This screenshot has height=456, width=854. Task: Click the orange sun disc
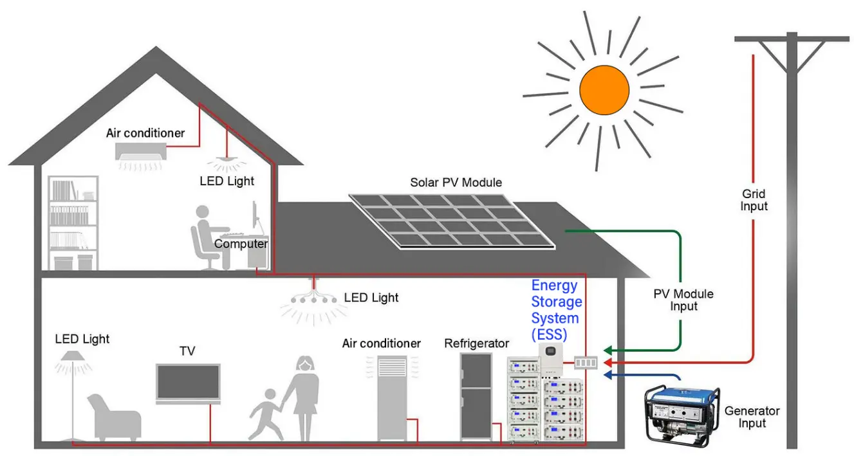[x=604, y=90]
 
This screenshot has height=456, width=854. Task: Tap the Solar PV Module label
[x=456, y=183]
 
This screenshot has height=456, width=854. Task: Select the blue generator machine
[x=682, y=413]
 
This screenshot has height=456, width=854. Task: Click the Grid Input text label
[x=754, y=200]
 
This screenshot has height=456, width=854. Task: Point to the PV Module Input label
[x=683, y=300]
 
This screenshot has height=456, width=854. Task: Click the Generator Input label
[x=752, y=417]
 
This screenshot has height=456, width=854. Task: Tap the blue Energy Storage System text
[x=556, y=309]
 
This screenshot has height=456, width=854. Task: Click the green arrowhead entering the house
[x=608, y=351]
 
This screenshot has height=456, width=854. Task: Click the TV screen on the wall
[x=188, y=383]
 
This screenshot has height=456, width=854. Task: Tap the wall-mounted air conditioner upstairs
[x=141, y=151]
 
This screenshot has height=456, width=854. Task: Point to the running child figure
[x=266, y=412]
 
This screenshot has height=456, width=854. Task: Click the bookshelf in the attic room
[x=73, y=222]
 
